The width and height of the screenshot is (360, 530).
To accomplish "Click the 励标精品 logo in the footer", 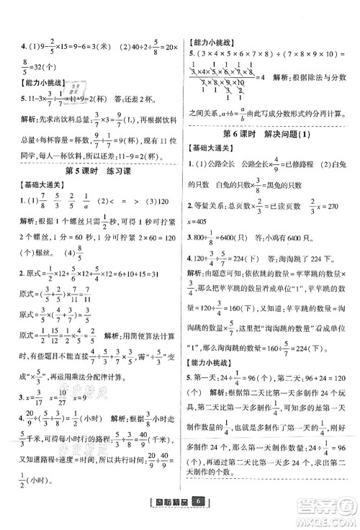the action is point(168,518).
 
